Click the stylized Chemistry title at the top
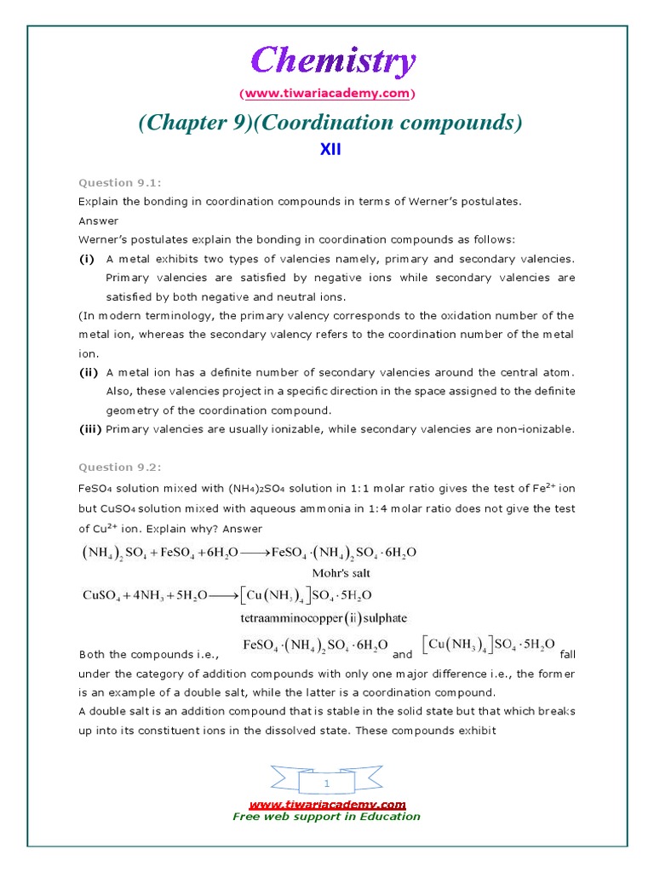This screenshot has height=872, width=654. click(334, 62)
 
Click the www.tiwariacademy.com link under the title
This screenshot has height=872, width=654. click(328, 92)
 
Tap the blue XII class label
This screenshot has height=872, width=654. click(330, 150)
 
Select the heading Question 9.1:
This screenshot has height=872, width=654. click(119, 183)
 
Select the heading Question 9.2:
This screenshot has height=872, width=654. click(119, 467)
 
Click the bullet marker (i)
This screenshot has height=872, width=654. click(87, 259)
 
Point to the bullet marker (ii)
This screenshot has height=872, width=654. click(89, 372)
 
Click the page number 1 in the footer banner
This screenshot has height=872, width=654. click(327, 782)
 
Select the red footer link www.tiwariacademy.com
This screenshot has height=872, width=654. click(327, 804)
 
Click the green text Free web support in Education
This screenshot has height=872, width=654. click(327, 817)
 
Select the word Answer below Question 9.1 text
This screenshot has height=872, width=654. click(95, 221)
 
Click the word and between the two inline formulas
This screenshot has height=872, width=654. click(402, 655)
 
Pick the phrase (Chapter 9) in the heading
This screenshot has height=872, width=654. click(192, 123)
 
